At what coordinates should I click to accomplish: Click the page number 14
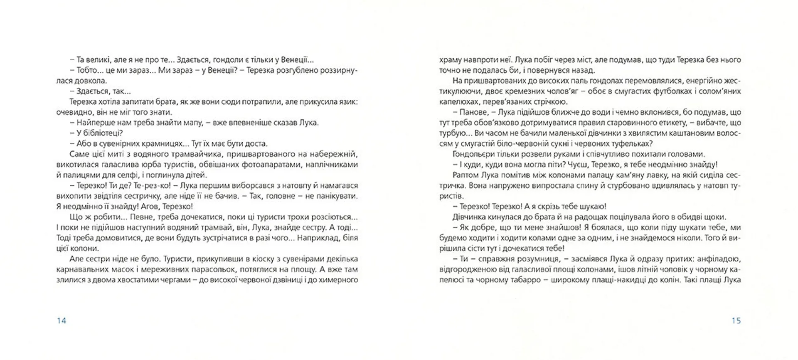coord(61,321)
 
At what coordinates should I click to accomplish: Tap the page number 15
coord(736,321)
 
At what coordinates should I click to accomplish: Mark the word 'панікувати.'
coord(336,196)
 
